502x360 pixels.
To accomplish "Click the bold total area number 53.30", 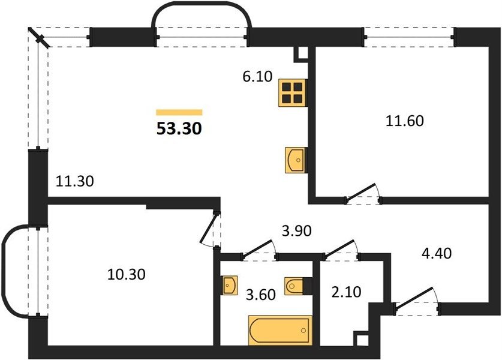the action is pos(179,128).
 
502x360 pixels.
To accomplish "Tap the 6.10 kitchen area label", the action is pos(257,77).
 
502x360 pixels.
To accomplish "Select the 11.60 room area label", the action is pos(405,121).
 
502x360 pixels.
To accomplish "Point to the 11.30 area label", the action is pos(74,181).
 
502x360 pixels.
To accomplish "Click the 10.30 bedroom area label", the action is pos(126,274).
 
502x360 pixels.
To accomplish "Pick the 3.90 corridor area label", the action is pos(296,230).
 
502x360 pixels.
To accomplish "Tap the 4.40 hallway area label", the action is pos(437,253).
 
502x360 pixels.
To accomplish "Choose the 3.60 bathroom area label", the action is pos(261,295).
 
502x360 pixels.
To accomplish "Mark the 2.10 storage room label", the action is pos(347,292).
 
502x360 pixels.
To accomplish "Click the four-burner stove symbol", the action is pos(293,93).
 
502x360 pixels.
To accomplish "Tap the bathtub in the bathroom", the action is pos(280,331).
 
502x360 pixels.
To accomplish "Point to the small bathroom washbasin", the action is pos(230,285).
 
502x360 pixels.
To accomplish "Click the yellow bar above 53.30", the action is pos(179,112).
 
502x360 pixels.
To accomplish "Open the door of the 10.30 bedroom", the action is pos(209,229).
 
